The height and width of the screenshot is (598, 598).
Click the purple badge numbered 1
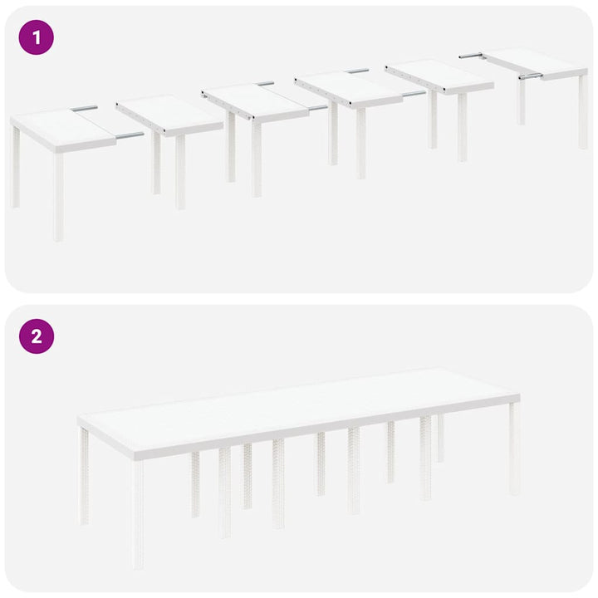pos(36,37)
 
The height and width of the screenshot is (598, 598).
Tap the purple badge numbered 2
pos(36,336)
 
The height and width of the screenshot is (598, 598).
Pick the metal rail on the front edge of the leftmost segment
pos(129,135)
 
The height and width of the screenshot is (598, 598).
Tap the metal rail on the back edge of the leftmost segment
pos(84,108)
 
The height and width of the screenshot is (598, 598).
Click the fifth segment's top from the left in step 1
pos(438,76)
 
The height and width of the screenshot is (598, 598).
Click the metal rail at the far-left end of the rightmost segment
pos(470,56)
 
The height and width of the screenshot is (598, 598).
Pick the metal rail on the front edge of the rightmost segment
pos(530,76)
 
